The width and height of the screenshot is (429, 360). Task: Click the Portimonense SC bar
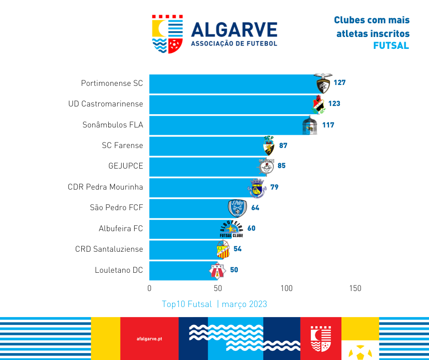click(x=233, y=83)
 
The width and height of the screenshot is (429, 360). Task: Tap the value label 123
click(x=334, y=104)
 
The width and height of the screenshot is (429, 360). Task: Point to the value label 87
click(x=283, y=146)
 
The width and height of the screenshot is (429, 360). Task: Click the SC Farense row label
click(x=122, y=146)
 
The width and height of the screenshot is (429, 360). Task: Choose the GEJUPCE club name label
click(x=126, y=166)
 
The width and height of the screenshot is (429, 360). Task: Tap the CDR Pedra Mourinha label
click(x=105, y=187)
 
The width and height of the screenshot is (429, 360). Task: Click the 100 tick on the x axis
click(x=287, y=288)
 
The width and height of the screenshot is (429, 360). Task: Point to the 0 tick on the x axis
click(x=149, y=288)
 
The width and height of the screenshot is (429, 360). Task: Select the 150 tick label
click(x=355, y=288)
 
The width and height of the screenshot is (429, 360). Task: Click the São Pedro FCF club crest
click(x=237, y=208)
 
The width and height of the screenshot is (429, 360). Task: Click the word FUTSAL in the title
click(x=391, y=46)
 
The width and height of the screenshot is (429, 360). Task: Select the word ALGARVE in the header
click(x=234, y=30)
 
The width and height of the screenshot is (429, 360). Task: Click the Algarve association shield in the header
click(x=167, y=34)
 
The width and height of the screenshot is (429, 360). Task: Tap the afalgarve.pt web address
click(x=149, y=339)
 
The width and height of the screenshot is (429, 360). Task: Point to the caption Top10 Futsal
click(x=187, y=304)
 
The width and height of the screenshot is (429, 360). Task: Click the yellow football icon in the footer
click(x=360, y=352)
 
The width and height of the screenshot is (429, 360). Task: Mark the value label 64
click(x=255, y=208)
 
